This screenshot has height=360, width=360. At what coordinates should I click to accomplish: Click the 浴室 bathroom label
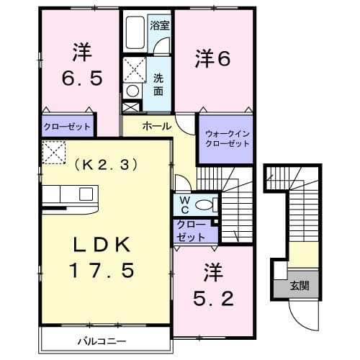[x=159, y=25]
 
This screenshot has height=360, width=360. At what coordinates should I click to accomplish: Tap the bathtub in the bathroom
[x=135, y=31]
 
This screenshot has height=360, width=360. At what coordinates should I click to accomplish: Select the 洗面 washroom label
[x=158, y=86]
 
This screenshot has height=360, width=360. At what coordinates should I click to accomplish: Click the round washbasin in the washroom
[x=132, y=91]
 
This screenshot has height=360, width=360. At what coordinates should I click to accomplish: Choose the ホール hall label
[x=156, y=126]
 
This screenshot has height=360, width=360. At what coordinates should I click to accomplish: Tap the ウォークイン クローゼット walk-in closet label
[x=225, y=138]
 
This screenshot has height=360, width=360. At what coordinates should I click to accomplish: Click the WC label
[x=184, y=203]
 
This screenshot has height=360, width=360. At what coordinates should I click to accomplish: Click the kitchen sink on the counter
[x=86, y=194]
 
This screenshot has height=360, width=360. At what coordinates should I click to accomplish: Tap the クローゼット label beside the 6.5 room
[x=67, y=126]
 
